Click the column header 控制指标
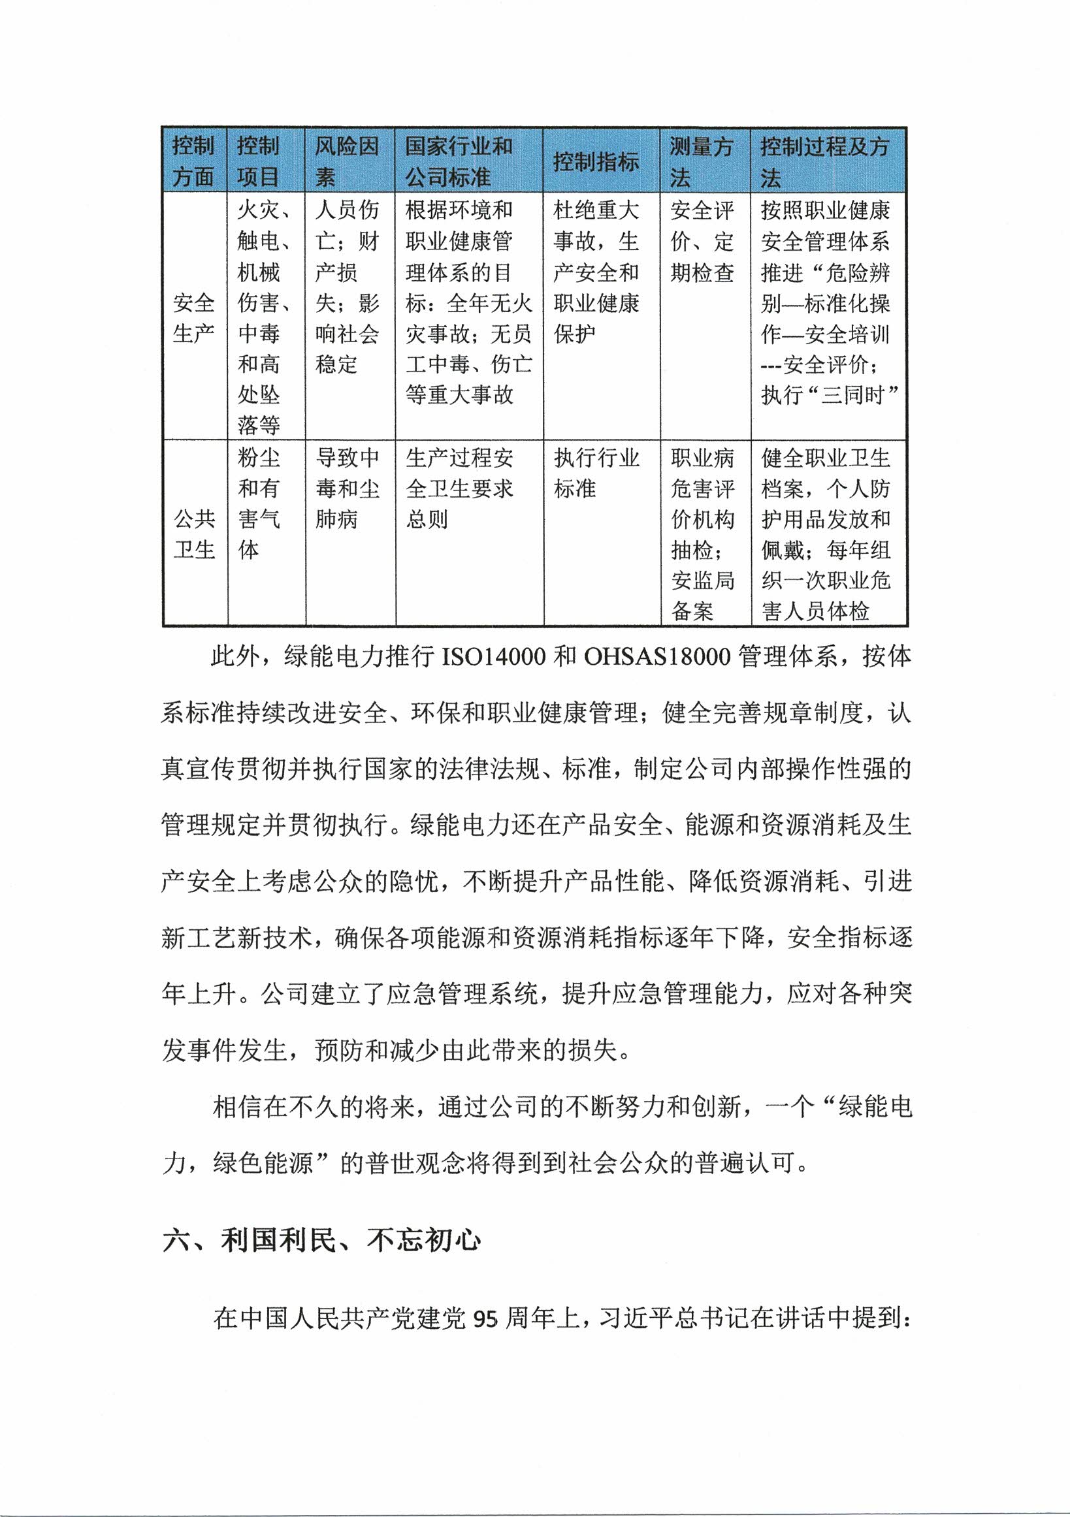click(596, 161)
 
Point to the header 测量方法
click(701, 161)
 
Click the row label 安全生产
click(193, 319)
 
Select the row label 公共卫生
click(193, 534)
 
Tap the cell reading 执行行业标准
click(596, 473)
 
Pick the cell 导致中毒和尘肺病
click(347, 488)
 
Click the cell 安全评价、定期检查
click(702, 241)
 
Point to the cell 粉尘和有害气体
click(259, 503)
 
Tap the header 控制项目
click(259, 161)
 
